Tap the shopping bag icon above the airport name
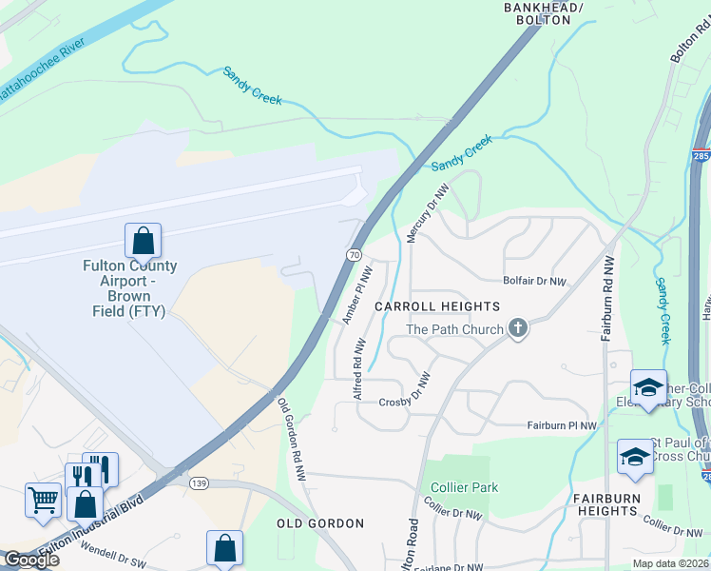(143, 240)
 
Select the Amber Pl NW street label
(356, 297)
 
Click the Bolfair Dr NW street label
(534, 282)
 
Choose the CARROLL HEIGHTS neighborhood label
(436, 306)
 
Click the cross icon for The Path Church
(518, 329)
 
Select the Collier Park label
(464, 487)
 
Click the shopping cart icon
(43, 498)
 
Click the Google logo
(30, 560)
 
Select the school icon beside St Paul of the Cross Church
(635, 457)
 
